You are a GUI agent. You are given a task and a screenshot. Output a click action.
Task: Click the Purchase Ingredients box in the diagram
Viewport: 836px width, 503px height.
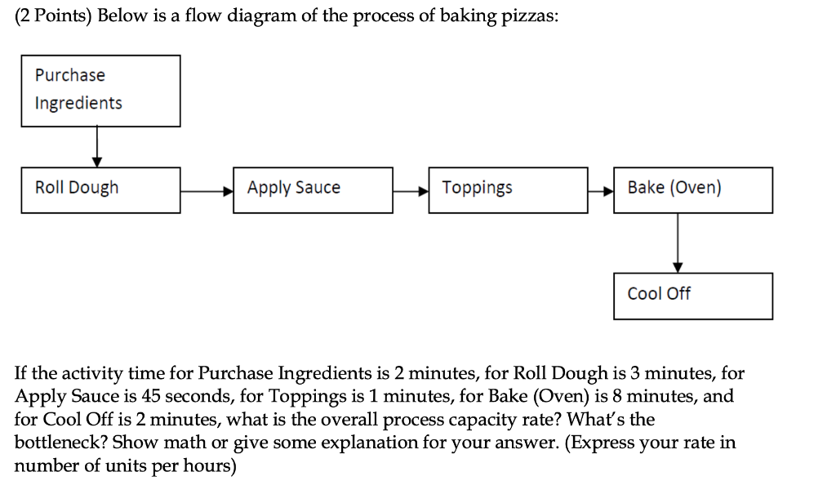click(100, 91)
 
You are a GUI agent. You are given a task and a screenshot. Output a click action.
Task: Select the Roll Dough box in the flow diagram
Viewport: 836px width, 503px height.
click(100, 190)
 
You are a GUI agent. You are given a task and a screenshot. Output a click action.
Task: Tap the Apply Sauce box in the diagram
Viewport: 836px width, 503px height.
click(313, 190)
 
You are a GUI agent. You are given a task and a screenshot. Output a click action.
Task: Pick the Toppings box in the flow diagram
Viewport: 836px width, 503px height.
click(508, 190)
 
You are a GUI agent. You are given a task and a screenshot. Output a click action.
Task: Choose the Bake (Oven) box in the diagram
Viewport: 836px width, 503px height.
click(692, 190)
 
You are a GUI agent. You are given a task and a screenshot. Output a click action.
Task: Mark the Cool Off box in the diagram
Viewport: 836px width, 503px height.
click(692, 296)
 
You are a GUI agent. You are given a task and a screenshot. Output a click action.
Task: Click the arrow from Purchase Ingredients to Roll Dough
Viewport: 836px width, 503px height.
click(97, 147)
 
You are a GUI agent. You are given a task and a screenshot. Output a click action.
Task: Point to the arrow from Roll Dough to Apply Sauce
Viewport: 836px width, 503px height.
click(207, 191)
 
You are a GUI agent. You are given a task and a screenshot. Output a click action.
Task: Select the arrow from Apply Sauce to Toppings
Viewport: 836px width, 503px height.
click(411, 191)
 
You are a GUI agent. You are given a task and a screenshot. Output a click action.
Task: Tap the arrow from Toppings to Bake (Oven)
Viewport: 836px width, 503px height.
click(601, 191)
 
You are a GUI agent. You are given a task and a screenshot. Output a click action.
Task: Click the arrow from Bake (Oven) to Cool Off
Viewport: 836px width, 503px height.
click(677, 243)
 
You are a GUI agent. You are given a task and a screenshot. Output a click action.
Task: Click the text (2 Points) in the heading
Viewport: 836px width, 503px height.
click(53, 18)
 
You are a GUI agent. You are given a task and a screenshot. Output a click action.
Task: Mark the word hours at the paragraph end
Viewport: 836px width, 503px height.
click(207, 466)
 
